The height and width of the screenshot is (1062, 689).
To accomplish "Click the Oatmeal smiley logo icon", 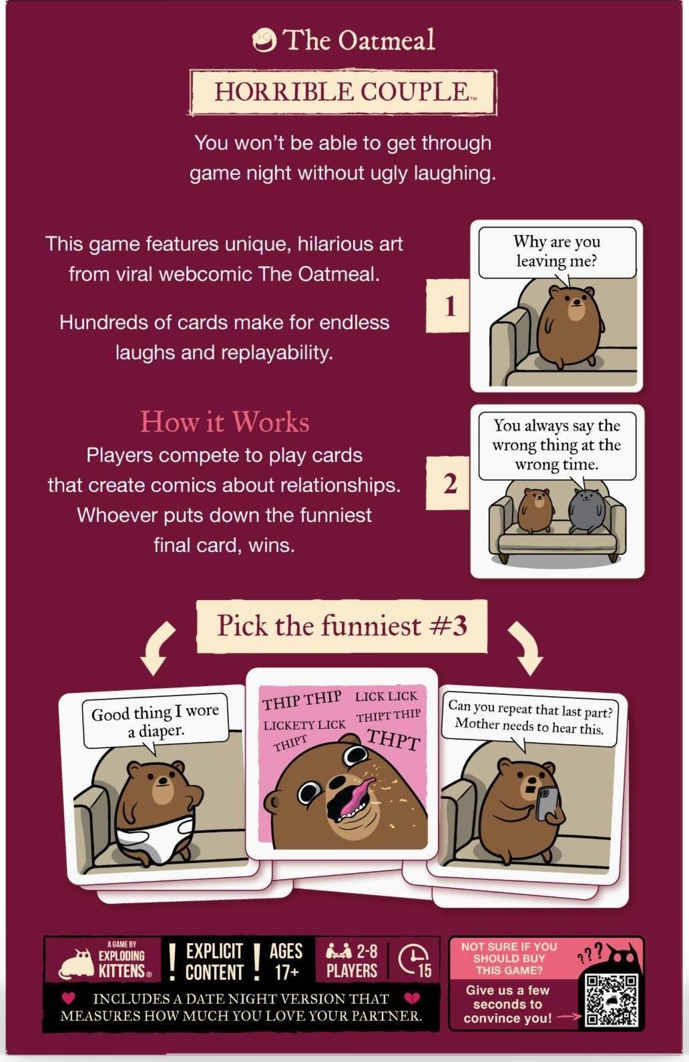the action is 264,40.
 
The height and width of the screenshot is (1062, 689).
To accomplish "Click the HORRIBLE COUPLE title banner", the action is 343,92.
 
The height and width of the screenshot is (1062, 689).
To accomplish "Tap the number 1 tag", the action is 448,306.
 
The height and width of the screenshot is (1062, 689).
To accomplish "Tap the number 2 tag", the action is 448,483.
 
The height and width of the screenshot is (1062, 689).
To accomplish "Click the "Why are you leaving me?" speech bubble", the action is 557,252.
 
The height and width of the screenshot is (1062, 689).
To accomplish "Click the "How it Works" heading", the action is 224,421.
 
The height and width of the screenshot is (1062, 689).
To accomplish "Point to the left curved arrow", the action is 158,647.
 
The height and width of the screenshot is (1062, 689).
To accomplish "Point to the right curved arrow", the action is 525,647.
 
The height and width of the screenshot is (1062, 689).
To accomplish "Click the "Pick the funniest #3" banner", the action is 342,626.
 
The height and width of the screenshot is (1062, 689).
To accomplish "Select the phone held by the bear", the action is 548,803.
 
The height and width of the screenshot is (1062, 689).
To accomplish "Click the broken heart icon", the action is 412,998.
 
